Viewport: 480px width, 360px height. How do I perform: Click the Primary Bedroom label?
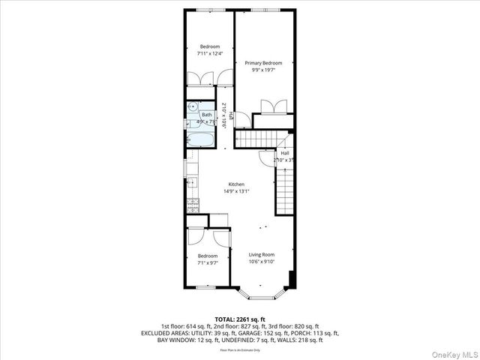[x=264, y=62]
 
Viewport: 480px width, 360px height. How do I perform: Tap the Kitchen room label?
[x=237, y=184]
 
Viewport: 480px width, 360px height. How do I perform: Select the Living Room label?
[x=262, y=254]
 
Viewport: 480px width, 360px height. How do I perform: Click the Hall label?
[x=285, y=153]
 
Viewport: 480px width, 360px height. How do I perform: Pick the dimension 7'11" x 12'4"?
[x=209, y=53]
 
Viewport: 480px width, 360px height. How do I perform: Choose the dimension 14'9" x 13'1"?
[x=237, y=191]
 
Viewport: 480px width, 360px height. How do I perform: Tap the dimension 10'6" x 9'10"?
[x=262, y=261]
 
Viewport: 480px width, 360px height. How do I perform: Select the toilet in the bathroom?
[x=191, y=106]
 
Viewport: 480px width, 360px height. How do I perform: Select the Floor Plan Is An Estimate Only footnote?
[x=240, y=350]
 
